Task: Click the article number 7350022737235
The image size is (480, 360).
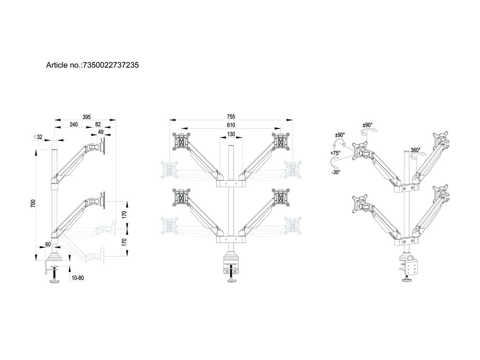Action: click(110, 65)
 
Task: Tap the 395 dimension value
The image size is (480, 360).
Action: click(86, 117)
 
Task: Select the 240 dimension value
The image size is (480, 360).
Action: click(74, 124)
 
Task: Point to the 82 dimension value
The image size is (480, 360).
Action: click(98, 124)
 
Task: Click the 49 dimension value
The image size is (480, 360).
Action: click(101, 132)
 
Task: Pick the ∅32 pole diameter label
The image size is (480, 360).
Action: click(38, 137)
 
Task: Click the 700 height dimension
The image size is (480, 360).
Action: click(33, 204)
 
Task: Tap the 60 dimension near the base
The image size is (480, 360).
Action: click(48, 244)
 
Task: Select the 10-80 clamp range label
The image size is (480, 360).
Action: click(78, 278)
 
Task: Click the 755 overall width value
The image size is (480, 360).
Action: click(231, 116)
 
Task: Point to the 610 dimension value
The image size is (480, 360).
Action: click(231, 125)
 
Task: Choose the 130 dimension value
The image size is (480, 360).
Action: click(231, 134)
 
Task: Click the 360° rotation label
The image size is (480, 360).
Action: click(416, 150)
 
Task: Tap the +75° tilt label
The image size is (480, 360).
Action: click(335, 153)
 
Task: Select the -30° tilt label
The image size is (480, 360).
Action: click(336, 172)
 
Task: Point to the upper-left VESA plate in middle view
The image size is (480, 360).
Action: click(182, 142)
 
